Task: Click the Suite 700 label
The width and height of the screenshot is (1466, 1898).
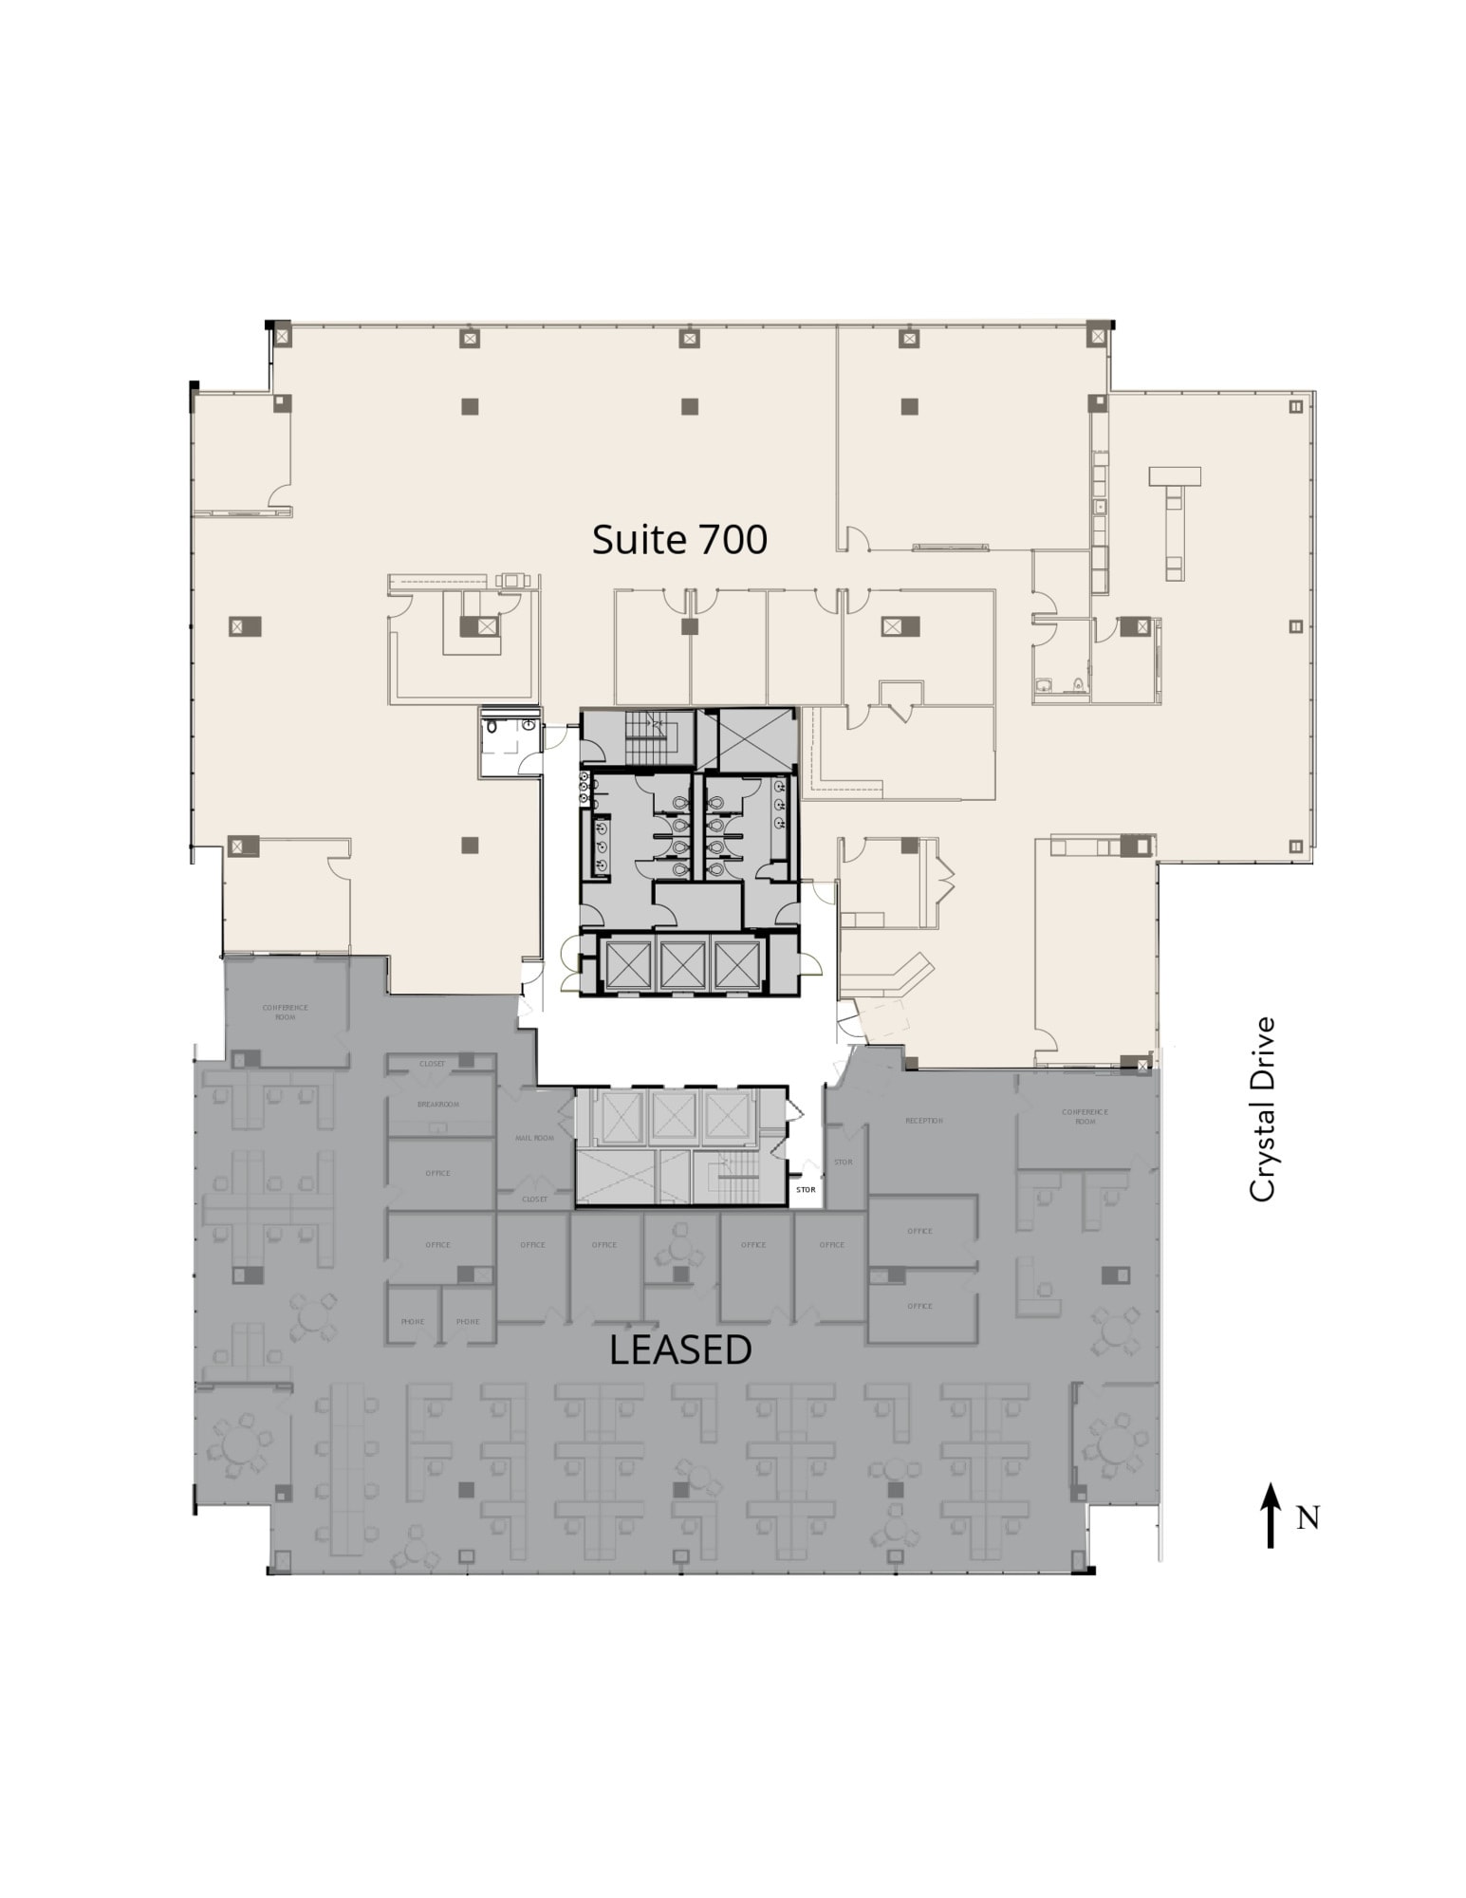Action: tap(679, 539)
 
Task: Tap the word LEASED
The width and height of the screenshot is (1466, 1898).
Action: tap(680, 1349)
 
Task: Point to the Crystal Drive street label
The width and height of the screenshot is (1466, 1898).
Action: tap(1262, 1109)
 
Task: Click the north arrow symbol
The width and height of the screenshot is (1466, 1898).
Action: tap(1270, 1516)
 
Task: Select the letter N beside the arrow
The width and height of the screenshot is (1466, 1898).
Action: tap(1308, 1518)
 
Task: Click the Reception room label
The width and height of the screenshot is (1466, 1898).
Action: tap(923, 1121)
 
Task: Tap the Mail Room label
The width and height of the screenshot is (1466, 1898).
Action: tap(534, 1138)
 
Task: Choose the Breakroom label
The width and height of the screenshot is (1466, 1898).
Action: tap(437, 1105)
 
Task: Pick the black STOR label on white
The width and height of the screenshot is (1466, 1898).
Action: tap(806, 1189)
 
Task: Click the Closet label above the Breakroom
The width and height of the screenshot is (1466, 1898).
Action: tap(433, 1064)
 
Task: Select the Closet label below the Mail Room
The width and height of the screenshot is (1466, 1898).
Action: tap(534, 1200)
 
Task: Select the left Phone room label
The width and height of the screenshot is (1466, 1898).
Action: tap(412, 1321)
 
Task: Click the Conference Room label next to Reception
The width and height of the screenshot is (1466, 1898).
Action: tap(1085, 1117)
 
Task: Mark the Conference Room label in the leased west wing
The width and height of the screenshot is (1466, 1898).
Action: tap(285, 1012)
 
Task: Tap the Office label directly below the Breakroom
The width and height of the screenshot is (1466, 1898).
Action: tap(437, 1173)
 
